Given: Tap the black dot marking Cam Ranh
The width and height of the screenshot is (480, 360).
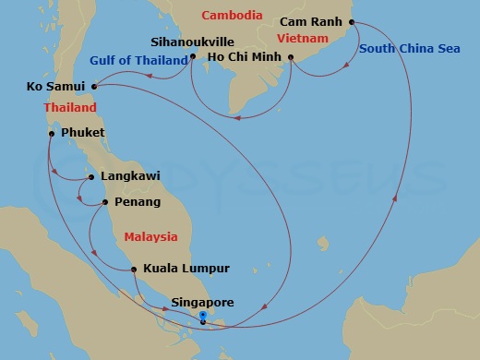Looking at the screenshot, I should (352, 22).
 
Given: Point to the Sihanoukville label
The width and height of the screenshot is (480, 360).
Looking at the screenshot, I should (191, 42).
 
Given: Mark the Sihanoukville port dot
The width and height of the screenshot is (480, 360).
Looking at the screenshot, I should (192, 57).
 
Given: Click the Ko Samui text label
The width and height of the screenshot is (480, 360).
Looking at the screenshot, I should (57, 88).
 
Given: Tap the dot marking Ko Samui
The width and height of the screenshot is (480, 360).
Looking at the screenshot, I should (95, 88).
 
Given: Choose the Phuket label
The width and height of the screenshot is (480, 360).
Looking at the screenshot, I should (82, 133).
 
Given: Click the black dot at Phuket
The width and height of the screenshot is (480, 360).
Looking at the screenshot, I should (52, 133).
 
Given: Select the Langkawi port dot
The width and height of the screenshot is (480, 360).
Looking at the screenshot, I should (90, 176).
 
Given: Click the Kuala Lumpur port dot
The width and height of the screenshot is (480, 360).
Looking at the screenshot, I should (135, 270).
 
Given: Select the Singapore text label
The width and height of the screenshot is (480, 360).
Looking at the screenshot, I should (203, 302).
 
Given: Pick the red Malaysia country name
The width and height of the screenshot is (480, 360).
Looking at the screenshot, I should (151, 237).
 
